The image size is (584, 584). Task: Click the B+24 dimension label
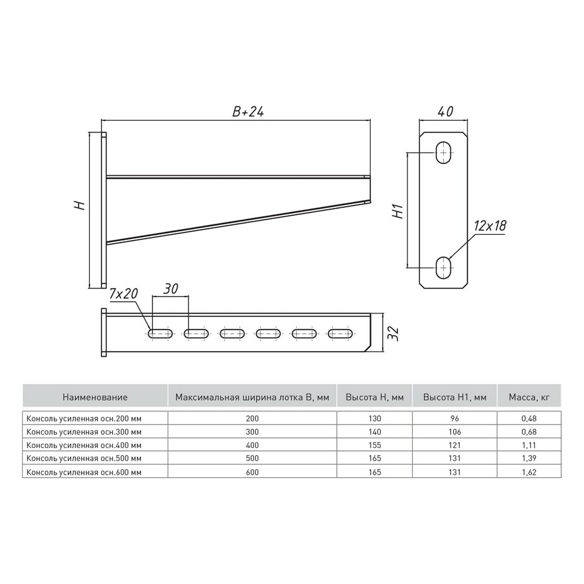pos(248,112)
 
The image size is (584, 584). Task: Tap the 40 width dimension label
pos(445,112)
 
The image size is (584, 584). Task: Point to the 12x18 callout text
pos(490,225)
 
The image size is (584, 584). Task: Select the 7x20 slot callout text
pos(124,294)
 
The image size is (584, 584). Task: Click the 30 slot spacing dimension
pos(171,288)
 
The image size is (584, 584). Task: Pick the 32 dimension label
pos(393,333)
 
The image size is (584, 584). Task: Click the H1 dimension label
pos(398,211)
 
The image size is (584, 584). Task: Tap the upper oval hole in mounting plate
pos(443,152)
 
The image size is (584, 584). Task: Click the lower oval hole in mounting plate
pos(443,267)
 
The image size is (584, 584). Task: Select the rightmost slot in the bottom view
pos(340,333)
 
